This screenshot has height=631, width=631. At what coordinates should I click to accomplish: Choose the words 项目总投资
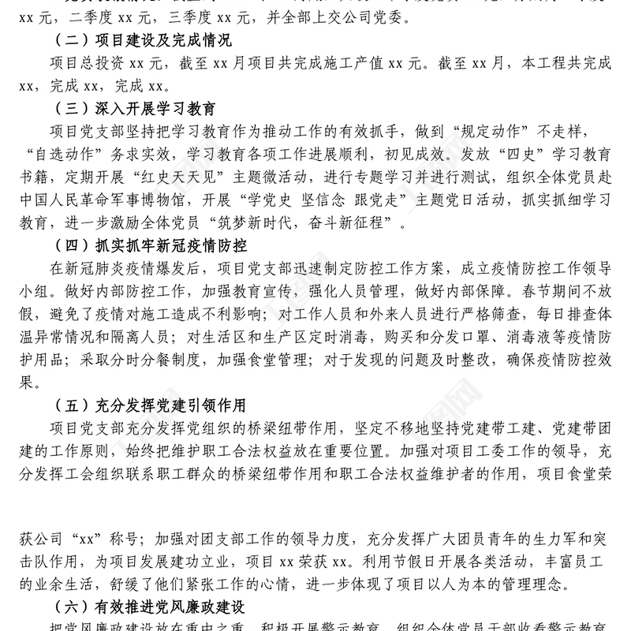88,64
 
